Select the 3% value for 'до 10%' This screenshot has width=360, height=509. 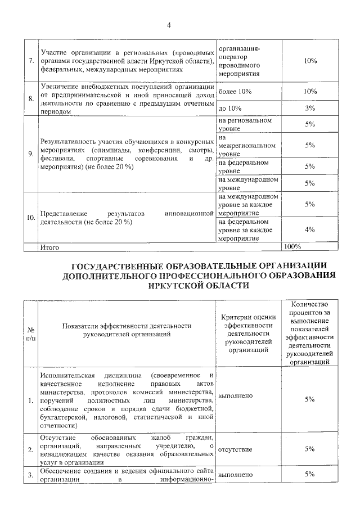click(x=309, y=107)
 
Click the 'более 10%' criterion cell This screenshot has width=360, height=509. click(x=235, y=91)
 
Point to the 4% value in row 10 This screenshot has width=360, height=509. click(x=309, y=229)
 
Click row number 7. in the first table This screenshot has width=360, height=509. click(x=30, y=61)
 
